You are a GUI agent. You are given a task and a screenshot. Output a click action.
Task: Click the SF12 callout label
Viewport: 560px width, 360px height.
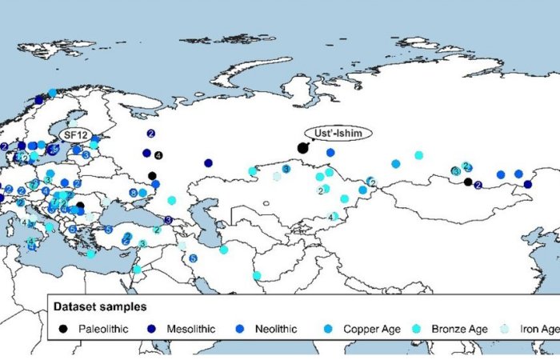(74, 132)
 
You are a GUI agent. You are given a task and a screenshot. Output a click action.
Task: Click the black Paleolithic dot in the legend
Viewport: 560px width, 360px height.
(64, 328)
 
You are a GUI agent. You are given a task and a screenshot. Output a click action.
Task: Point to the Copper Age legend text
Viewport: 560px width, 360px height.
(373, 328)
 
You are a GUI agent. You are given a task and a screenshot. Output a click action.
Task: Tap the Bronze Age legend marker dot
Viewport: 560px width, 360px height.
(438, 328)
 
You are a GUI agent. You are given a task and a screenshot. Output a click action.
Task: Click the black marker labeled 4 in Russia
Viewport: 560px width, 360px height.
(158, 154)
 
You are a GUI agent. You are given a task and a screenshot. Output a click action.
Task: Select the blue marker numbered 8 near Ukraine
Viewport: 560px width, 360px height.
(133, 193)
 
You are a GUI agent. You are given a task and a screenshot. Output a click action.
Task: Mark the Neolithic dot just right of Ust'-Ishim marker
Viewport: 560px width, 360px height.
(330, 152)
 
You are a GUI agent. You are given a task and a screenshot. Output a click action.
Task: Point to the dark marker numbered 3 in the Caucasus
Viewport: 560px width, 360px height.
(168, 219)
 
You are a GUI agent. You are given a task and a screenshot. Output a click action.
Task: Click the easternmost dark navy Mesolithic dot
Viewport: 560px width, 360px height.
(528, 184)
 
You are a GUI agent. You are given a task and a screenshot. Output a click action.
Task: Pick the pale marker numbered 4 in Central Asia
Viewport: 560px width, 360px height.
(333, 216)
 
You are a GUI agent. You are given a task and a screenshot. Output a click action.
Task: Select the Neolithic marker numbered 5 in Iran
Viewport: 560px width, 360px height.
(193, 258)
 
